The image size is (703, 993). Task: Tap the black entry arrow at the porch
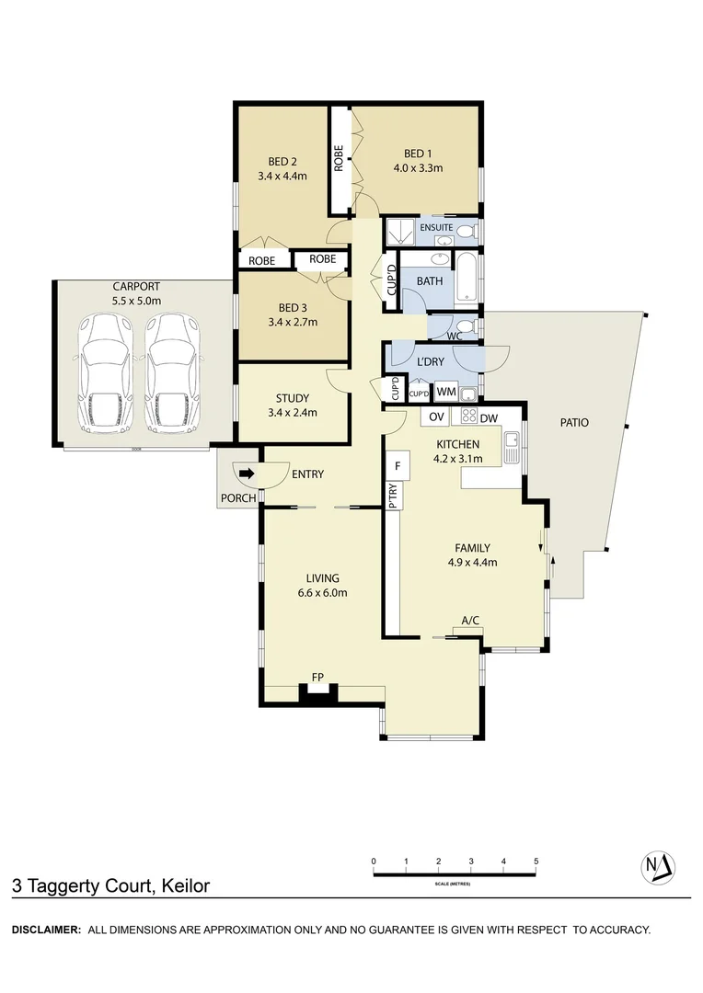[247, 474]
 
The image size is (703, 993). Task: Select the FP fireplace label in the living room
[317, 678]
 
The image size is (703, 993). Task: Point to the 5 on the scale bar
[536, 862]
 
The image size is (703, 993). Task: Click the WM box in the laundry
[446, 393]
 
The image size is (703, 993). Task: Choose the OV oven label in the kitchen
[435, 418]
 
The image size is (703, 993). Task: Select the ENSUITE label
[435, 226]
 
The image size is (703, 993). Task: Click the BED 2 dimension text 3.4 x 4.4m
[282, 176]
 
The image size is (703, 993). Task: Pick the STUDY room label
[293, 398]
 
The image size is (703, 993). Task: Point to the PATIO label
[573, 423]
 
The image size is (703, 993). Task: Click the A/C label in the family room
[470, 621]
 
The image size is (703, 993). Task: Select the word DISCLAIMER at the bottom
[46, 930]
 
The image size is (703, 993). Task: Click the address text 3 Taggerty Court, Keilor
[110, 886]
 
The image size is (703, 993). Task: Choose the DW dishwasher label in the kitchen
[488, 418]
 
